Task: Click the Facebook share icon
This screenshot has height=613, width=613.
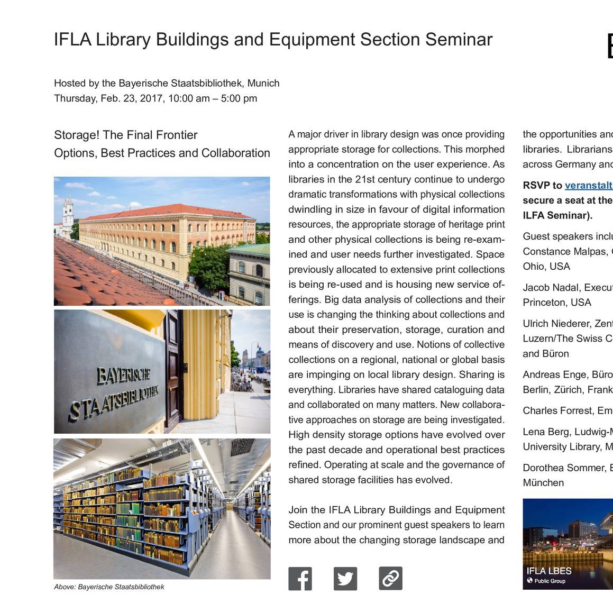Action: pyautogui.click(x=300, y=579)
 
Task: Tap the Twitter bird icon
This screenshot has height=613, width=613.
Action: pyautogui.click(x=345, y=579)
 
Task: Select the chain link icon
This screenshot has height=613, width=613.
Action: pyautogui.click(x=390, y=579)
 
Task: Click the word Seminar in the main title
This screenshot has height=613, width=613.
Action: pyautogui.click(x=459, y=40)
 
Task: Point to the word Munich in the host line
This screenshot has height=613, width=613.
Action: pyautogui.click(x=263, y=83)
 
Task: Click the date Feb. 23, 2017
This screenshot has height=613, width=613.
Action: pyautogui.click(x=132, y=98)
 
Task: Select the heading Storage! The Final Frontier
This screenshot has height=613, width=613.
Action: pyautogui.click(x=126, y=135)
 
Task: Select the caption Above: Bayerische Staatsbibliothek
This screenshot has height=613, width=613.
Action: pyautogui.click(x=109, y=587)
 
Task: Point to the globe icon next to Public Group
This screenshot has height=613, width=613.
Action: pyautogui.click(x=529, y=581)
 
